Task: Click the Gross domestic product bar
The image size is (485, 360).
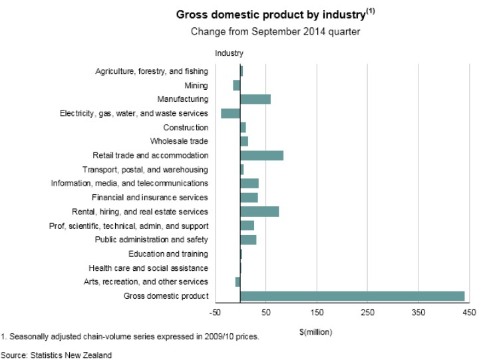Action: [352, 296]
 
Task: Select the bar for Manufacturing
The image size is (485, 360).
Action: [255, 99]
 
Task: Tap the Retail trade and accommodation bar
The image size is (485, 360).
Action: [261, 156]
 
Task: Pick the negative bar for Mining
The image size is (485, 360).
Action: [236, 85]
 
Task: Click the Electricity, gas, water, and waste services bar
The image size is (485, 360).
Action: [230, 113]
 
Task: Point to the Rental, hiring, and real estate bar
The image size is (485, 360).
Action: [259, 212]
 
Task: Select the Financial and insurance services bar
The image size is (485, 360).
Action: [249, 198]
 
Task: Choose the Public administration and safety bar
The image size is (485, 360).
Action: [248, 240]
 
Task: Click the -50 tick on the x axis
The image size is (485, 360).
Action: [214, 313]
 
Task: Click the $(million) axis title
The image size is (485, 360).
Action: [316, 331]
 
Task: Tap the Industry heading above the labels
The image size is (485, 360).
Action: [229, 53]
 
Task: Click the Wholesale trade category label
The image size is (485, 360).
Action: [179, 141]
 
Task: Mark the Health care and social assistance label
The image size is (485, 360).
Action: [148, 268]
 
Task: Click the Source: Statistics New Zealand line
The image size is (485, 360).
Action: [56, 354]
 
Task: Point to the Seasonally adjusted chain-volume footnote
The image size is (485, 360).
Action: [130, 337]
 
